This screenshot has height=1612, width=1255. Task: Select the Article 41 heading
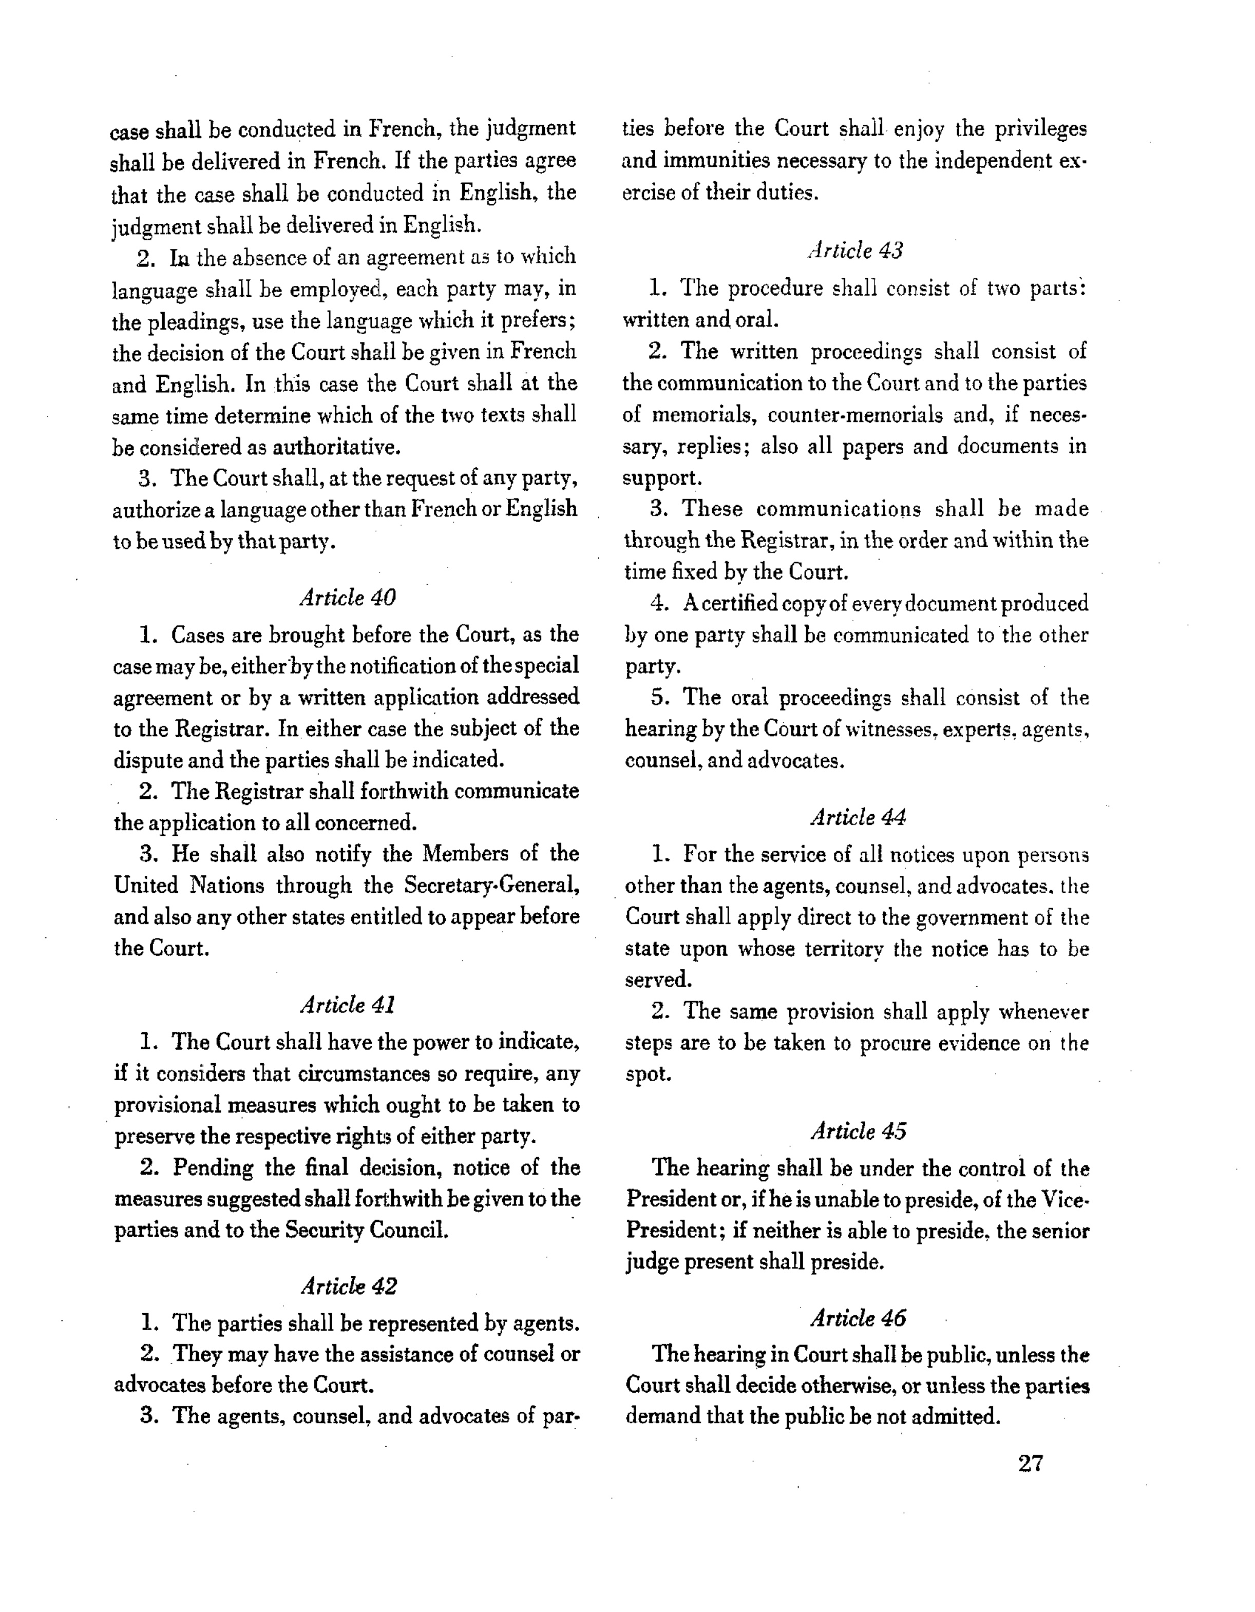click(348, 1005)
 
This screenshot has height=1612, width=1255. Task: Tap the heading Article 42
click(349, 1287)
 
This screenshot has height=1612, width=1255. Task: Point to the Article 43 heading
click(855, 251)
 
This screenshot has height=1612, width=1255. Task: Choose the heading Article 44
click(858, 817)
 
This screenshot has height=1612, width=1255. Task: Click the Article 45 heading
click(858, 1131)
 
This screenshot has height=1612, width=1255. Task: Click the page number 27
click(1030, 1463)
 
